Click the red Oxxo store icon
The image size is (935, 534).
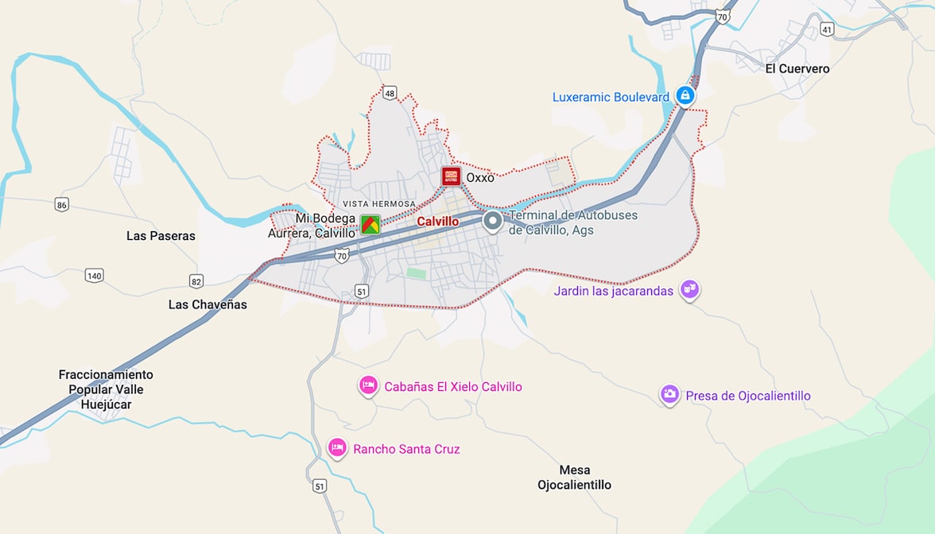[x=451, y=176]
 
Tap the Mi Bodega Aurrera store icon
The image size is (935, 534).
[x=370, y=224]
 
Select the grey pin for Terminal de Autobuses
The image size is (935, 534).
[x=493, y=221]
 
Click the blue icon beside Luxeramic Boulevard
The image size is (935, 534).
[x=685, y=96]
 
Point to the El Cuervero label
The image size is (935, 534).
[x=797, y=69]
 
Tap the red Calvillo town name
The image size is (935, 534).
[x=437, y=222]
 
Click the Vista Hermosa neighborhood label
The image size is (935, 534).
[x=379, y=204]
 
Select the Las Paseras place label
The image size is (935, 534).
[x=161, y=236]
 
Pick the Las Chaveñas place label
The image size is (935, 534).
[x=208, y=304]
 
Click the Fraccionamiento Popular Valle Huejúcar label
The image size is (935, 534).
[x=106, y=389]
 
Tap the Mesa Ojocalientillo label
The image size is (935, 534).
[x=574, y=477]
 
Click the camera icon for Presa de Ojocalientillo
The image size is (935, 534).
[x=669, y=394]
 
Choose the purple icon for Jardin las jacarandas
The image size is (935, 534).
[x=689, y=289]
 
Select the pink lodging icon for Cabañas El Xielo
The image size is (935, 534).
[x=367, y=385]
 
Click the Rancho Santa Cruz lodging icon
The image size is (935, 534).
[x=337, y=448]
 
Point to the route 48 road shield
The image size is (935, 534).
[x=389, y=93]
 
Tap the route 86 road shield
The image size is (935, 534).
[x=62, y=205]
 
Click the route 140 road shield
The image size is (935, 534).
[x=94, y=276]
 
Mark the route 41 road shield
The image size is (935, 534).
[x=827, y=29]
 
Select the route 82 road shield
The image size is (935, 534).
[x=196, y=281]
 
